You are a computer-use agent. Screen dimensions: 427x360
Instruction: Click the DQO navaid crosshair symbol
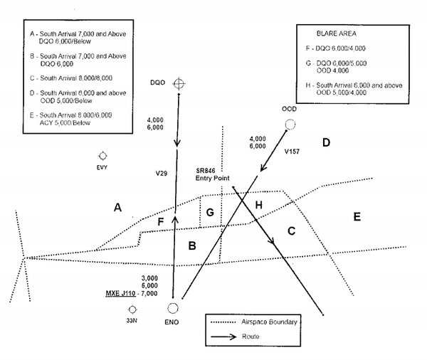coord(179,83)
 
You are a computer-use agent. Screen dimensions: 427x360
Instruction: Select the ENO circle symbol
coord(173,308)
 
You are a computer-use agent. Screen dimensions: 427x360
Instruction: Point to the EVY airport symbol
coord(102,156)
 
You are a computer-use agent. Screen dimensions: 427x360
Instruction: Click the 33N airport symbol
coord(132,309)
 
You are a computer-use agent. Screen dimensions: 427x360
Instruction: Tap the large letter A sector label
coord(117,208)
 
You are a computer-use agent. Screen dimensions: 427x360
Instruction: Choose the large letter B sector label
coord(192,245)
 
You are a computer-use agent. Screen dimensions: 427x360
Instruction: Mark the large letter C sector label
coord(291,231)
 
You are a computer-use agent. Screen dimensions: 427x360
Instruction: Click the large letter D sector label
coord(326,142)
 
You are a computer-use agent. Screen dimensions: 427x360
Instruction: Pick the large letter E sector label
coord(357,217)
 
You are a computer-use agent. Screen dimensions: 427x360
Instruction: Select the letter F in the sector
coord(161,222)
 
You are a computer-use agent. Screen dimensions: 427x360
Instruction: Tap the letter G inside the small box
coord(210,213)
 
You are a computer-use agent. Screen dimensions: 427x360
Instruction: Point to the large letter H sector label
coord(259,205)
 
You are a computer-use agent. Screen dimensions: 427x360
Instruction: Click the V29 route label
coord(162,174)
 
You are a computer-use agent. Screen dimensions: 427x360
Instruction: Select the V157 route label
coord(292,152)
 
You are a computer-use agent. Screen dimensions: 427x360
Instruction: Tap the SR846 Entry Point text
coord(212,174)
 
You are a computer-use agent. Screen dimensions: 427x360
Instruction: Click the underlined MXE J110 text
coord(121,293)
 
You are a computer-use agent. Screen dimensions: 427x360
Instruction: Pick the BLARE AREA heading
coord(337,33)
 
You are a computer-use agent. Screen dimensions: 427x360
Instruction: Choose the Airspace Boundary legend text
coord(269,322)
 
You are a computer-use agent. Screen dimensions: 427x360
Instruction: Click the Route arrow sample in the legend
coord(223,337)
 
